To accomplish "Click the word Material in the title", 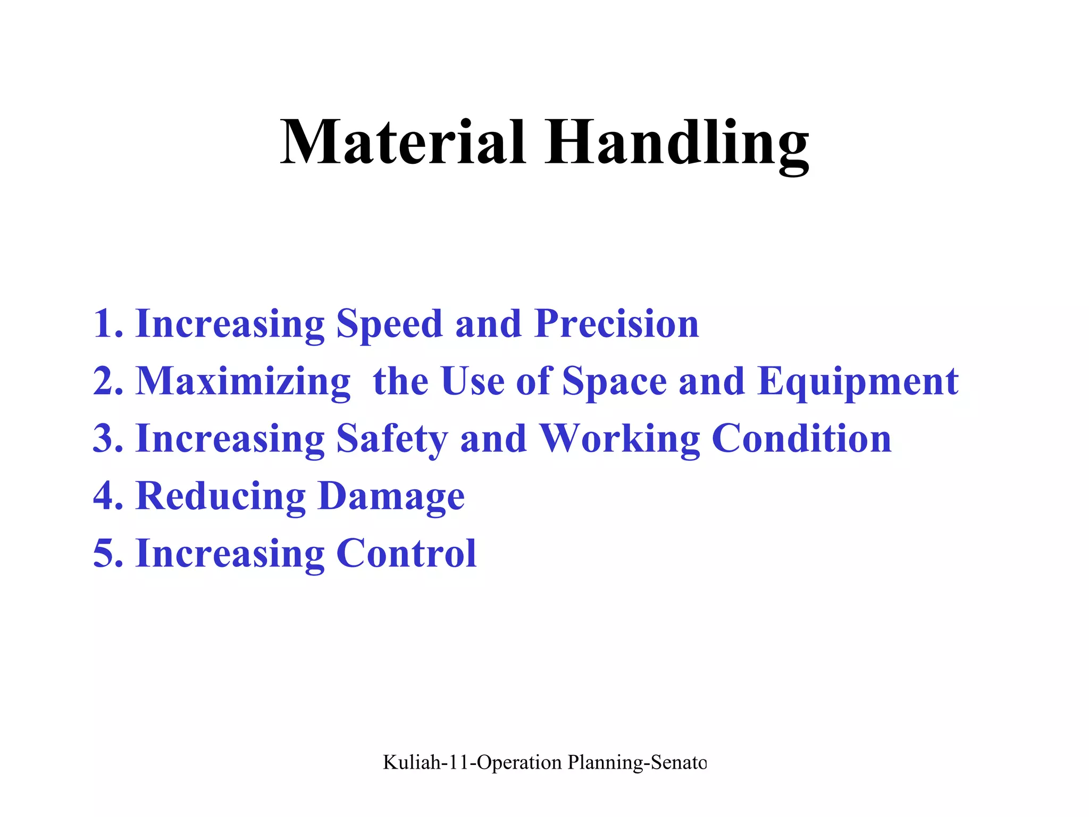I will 403,143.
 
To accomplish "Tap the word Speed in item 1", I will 389,324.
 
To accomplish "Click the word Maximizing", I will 243,382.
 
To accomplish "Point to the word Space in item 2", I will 614,382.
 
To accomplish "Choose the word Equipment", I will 858,382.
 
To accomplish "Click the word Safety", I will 392,439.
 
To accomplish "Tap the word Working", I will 619,439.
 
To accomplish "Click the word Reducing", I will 221,496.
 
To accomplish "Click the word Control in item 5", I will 406,553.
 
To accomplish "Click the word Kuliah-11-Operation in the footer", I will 472,763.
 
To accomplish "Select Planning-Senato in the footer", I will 637,763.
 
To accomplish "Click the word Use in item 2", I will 473,382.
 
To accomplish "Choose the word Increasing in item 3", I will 230,439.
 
